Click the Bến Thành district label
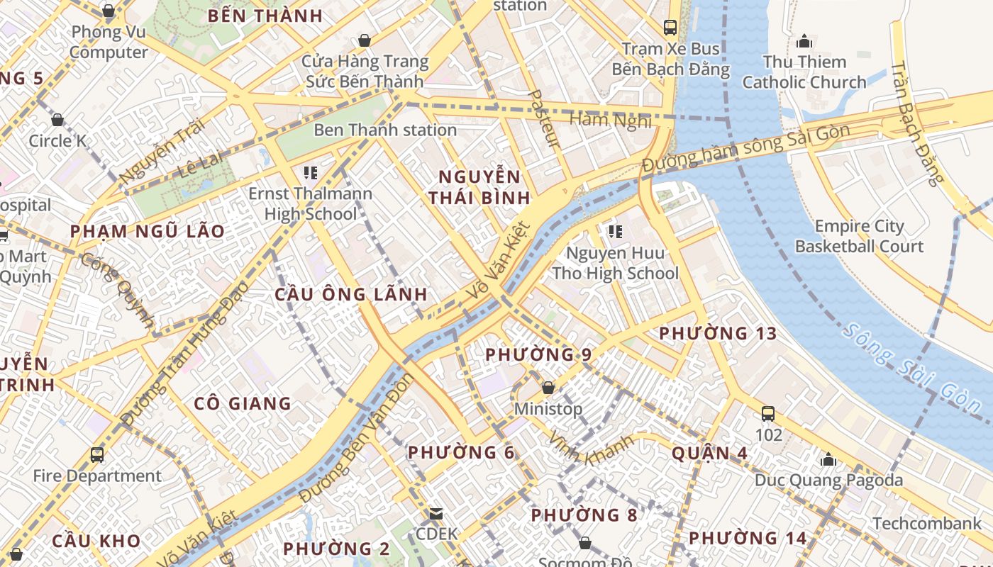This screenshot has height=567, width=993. (x=265, y=16)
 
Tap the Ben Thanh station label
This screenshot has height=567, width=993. (x=385, y=130)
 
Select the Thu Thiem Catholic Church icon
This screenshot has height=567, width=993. (x=804, y=40)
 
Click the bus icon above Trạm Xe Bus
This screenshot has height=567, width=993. (x=670, y=28)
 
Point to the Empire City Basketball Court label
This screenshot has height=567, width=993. (x=859, y=236)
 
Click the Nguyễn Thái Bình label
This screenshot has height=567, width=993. (x=479, y=187)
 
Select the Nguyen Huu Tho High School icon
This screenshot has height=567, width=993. (x=615, y=231)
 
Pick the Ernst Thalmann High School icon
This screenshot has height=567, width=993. (x=309, y=172)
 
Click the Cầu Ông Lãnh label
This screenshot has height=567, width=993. (x=351, y=294)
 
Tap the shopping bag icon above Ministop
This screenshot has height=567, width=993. (x=548, y=388)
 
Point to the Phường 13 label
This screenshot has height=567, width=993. (x=717, y=333)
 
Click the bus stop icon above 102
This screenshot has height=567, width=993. (x=767, y=413)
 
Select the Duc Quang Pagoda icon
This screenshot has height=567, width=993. (x=828, y=459)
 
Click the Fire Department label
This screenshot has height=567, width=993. (x=98, y=476)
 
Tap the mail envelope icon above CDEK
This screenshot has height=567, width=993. (x=436, y=513)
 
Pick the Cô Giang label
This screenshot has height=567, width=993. (x=243, y=403)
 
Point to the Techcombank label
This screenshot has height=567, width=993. (x=927, y=523)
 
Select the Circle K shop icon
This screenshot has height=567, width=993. (x=57, y=120)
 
